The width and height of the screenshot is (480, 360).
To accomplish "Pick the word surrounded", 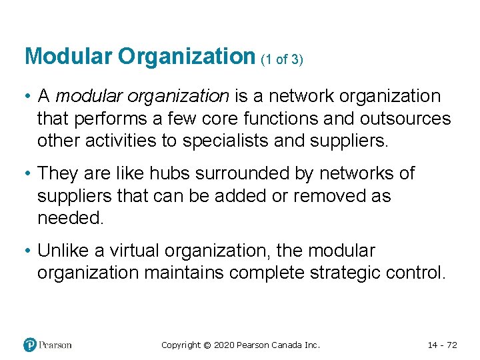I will (x=249, y=174).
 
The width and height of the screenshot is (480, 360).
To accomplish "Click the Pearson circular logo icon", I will (x=30, y=345).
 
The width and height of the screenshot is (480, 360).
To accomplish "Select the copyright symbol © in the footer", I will (x=207, y=345).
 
